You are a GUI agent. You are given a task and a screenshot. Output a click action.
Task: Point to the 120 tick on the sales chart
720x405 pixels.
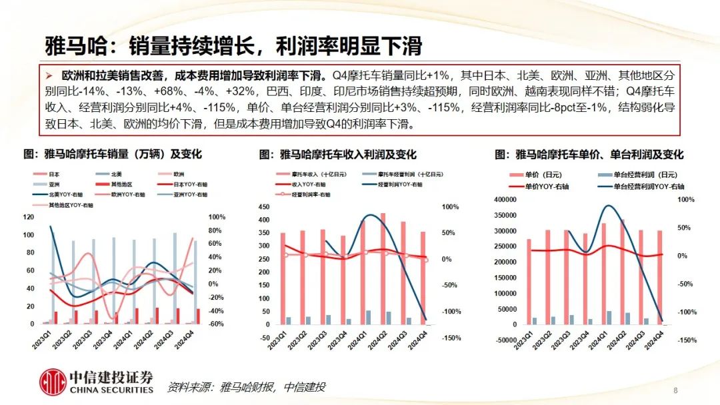[x=28, y=217]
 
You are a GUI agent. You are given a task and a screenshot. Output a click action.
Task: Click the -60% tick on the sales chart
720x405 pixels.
[x=216, y=324]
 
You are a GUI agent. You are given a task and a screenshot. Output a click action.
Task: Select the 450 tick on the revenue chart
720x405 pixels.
[x=264, y=207]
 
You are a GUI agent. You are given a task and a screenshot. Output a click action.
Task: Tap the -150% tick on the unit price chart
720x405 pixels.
[x=687, y=340]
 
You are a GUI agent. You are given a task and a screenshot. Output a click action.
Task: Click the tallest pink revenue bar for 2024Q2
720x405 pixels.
[x=383, y=266]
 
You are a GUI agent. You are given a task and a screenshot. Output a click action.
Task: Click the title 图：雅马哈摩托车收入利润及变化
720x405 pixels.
[x=338, y=155]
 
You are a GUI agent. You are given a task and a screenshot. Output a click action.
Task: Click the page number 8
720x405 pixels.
[x=675, y=390]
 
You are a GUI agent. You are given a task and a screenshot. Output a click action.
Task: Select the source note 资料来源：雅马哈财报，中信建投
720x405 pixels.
[x=246, y=387]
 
